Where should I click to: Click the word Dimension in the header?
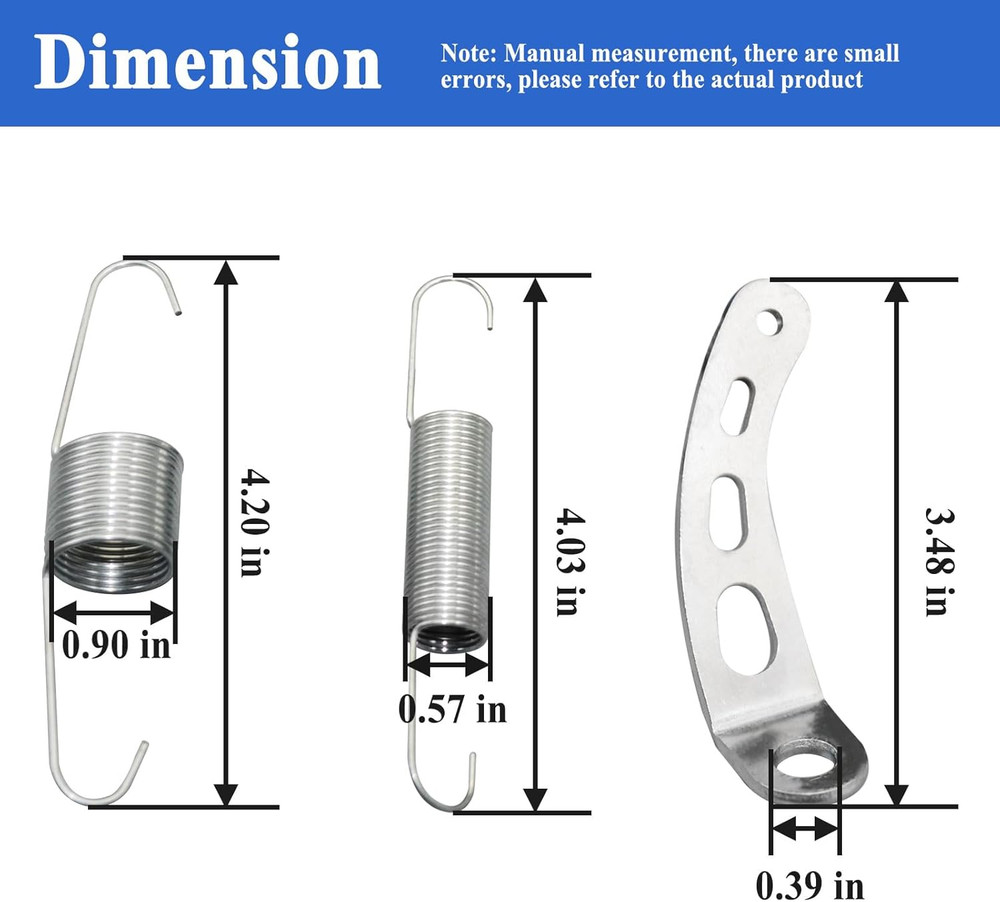point(208,63)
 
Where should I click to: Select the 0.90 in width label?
point(116,645)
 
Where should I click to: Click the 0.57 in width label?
point(452,709)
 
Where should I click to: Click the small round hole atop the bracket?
point(770,322)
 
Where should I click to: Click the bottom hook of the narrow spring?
point(440,790)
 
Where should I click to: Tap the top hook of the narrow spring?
point(460,290)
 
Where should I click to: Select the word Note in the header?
point(467,53)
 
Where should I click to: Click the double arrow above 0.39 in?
point(806,829)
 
